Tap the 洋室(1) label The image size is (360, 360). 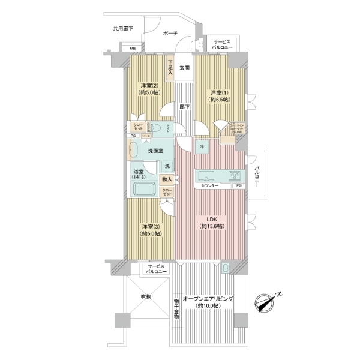218,93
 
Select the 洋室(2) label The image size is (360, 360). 149,86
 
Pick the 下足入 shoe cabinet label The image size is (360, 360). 170,67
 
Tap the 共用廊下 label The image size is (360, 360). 122,29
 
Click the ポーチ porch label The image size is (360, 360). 170,34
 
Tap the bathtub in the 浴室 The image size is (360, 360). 144,190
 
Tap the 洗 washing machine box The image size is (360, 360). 167,166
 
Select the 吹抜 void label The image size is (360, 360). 146,296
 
